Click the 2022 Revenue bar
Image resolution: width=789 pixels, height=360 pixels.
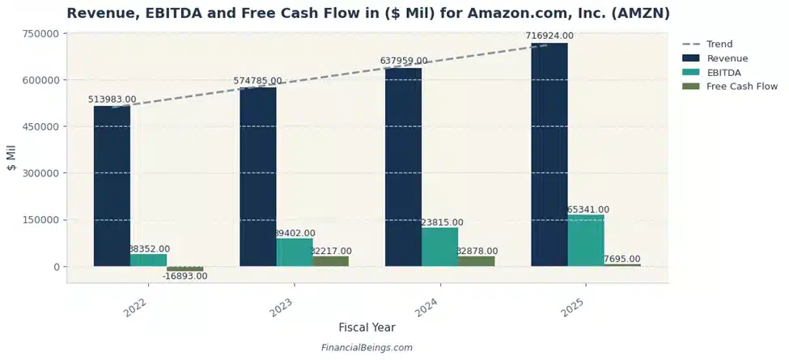click(x=112, y=186)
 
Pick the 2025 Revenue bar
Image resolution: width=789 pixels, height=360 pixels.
click(x=549, y=154)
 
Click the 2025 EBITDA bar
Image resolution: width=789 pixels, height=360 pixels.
click(x=586, y=240)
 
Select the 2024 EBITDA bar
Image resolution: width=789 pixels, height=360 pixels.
click(x=440, y=247)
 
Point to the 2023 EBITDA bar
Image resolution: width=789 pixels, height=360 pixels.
click(x=295, y=252)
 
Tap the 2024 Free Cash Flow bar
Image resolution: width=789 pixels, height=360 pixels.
click(x=476, y=261)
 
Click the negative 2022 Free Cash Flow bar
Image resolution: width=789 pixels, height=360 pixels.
click(x=185, y=269)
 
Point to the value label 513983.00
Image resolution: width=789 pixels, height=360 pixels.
click(x=112, y=100)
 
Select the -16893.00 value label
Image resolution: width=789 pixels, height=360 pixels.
click(x=185, y=276)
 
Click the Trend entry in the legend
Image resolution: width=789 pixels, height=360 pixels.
click(x=719, y=44)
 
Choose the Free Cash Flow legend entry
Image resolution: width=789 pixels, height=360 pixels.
click(x=741, y=86)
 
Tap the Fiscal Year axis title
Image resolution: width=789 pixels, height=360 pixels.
click(x=367, y=328)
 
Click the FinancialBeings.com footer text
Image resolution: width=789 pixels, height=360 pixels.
click(x=366, y=348)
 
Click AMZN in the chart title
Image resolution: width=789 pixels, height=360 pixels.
click(x=639, y=14)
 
